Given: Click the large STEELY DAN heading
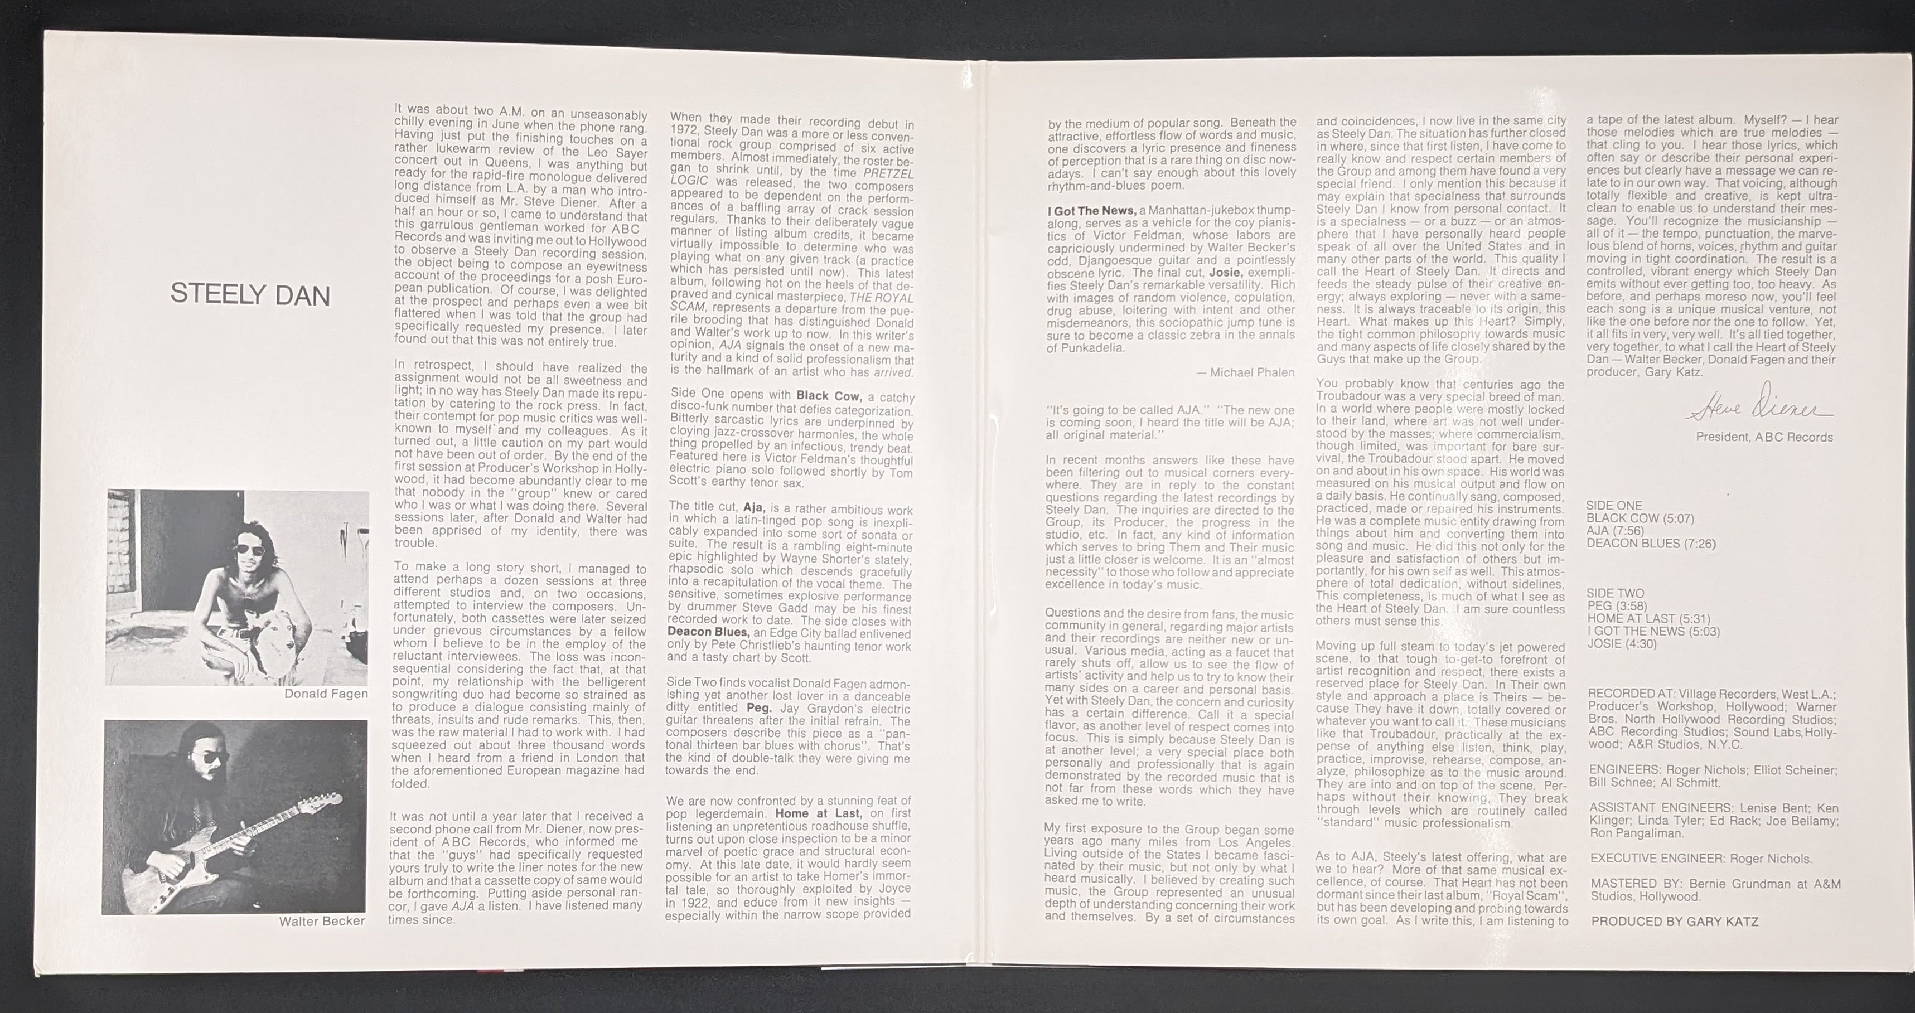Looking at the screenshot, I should click(250, 295).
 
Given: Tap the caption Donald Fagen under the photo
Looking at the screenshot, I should click(326, 694).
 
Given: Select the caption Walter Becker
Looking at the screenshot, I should click(322, 921).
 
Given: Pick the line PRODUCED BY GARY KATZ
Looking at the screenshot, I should click(1674, 922).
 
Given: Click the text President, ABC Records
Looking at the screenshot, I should click(1764, 437).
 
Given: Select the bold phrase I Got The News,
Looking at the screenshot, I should click(1090, 211).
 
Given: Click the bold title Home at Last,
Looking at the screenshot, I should click(818, 813).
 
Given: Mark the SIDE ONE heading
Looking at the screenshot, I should click(1614, 506).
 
